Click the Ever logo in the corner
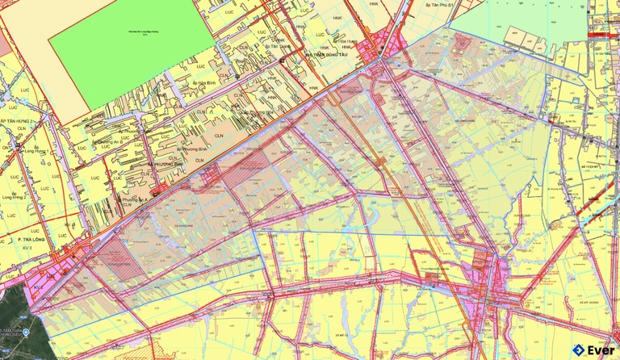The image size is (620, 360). pos(593,350)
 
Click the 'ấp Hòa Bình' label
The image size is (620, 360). pos(188,82)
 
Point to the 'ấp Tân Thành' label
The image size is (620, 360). pos(279,48)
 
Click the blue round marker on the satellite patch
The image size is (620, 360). pos(25,333)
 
